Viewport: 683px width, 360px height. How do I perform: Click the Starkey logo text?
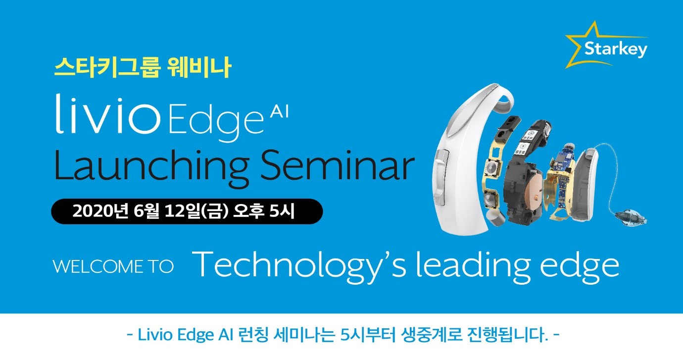[x=616, y=49]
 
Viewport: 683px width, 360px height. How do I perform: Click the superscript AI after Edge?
[x=279, y=112]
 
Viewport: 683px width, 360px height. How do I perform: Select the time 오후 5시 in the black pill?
[x=264, y=211]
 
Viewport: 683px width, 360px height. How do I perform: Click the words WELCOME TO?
[x=113, y=266]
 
